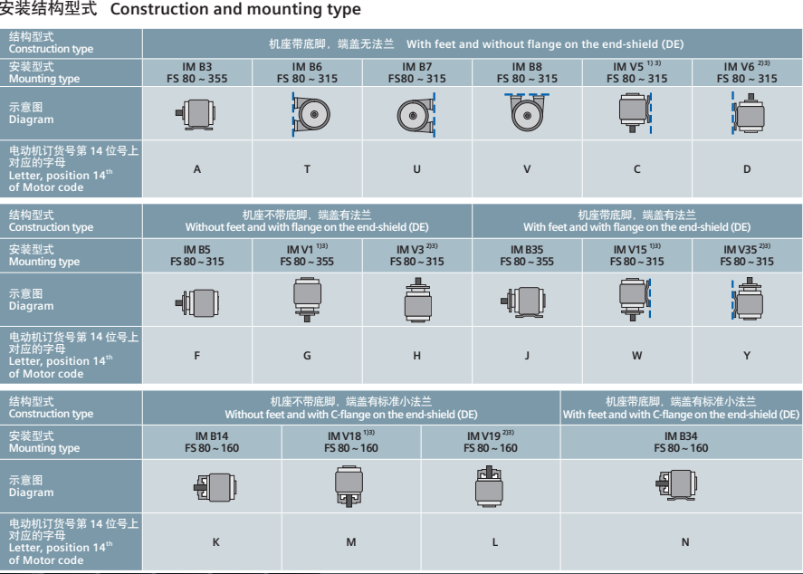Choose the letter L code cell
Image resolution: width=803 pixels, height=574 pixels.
pyautogui.click(x=490, y=541)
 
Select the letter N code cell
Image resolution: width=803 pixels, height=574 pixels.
pyautogui.click(x=682, y=541)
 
